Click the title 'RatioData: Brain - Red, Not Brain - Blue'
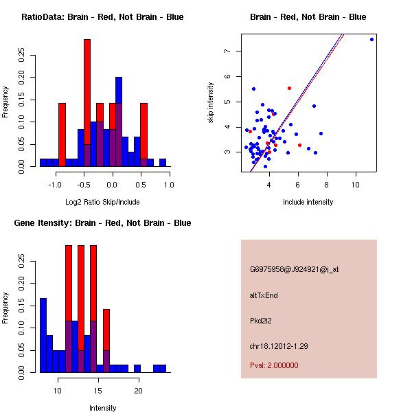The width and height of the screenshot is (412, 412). [102, 17]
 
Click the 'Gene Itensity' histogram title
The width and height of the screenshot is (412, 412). [102, 223]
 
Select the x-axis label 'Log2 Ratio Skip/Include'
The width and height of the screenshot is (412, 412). [102, 202]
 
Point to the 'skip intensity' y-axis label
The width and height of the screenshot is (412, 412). [211, 103]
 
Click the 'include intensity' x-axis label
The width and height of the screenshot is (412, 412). [308, 202]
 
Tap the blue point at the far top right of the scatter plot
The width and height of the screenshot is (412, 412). [371, 39]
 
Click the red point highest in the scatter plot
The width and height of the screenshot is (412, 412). [289, 88]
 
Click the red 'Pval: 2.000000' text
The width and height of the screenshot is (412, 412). [274, 365]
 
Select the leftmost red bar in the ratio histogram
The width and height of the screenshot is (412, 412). [62, 135]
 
